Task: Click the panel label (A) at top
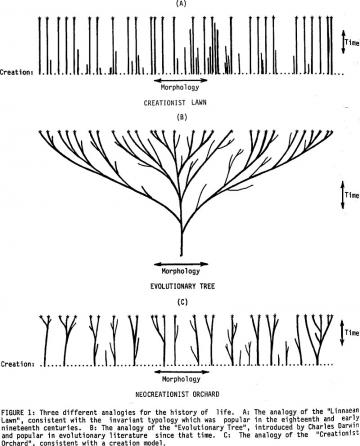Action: (181, 4)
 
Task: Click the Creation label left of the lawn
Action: (19, 72)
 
